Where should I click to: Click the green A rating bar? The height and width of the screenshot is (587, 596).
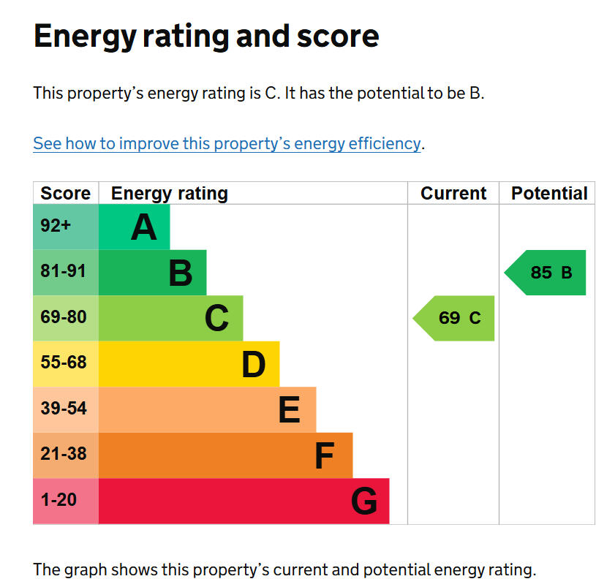coord(135,227)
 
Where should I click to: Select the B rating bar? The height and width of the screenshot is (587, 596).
coord(152,273)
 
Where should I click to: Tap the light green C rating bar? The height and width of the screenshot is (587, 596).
coord(170,318)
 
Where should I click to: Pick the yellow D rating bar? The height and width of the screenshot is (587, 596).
coord(189,364)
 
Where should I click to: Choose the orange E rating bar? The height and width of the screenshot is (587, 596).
coord(207,409)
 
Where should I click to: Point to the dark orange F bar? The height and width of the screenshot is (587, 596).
coord(225,455)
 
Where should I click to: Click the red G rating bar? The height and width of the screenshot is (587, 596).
coord(244,501)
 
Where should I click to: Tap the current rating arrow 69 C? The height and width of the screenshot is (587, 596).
coord(455,318)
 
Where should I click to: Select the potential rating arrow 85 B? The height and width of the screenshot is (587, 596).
coord(546,273)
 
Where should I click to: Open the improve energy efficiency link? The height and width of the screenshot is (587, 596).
coord(227,143)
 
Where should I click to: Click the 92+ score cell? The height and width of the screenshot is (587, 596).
coord(65,227)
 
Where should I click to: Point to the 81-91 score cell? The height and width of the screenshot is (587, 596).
coord(65,272)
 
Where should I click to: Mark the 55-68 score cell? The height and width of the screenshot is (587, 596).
coord(65,363)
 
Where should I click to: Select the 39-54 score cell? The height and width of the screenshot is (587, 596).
coord(65,409)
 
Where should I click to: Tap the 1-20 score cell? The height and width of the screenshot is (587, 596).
coord(65,501)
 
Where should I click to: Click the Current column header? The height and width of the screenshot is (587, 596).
coord(453,193)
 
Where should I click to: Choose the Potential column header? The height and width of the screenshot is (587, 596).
coord(548,193)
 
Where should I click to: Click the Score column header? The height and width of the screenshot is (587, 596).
coord(65,193)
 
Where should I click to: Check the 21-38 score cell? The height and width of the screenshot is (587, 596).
coord(65,455)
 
